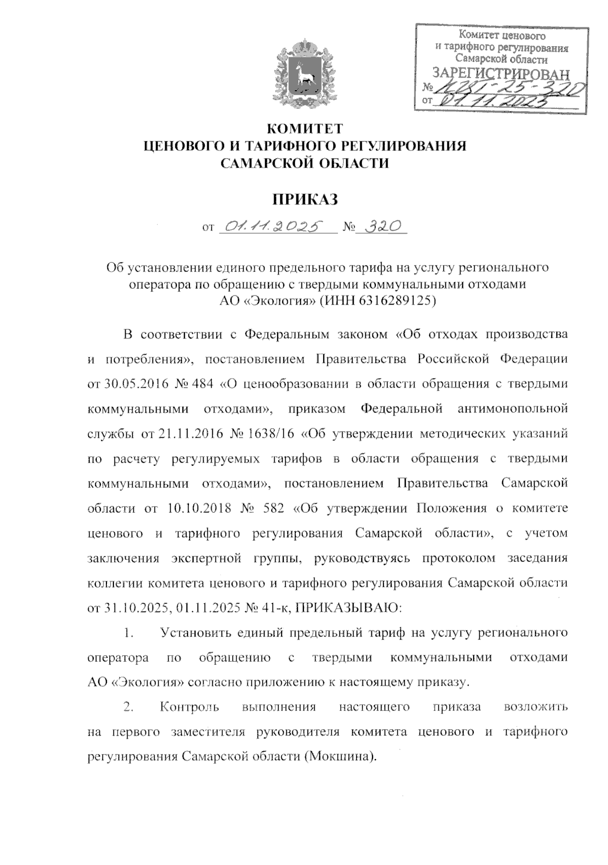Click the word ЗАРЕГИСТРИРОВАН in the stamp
tap(501, 74)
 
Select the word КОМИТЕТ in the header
tap(305, 128)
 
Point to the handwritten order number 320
tap(380, 227)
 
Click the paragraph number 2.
tap(128, 707)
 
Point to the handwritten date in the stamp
tap(497, 101)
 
